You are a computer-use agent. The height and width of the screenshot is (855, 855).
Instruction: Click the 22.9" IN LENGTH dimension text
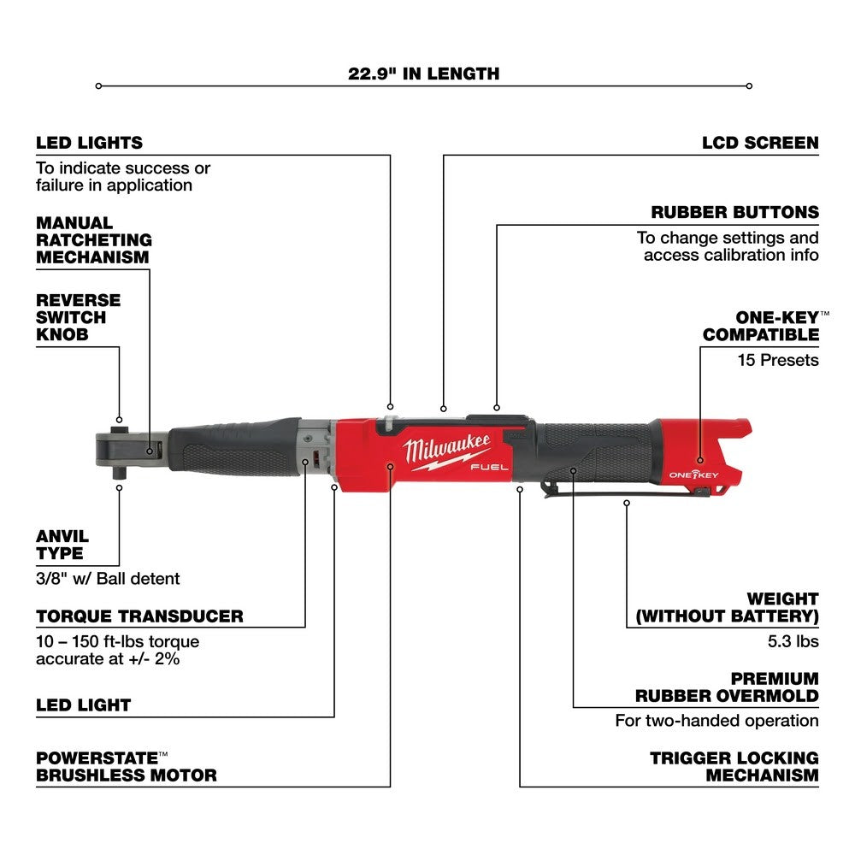pyautogui.click(x=423, y=74)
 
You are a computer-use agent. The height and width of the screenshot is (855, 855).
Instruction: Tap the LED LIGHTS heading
pyautogui.click(x=89, y=143)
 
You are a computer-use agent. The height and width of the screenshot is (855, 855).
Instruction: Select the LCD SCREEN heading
pyautogui.click(x=760, y=143)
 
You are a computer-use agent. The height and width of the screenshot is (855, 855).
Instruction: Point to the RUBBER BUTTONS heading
pyautogui.click(x=746, y=212)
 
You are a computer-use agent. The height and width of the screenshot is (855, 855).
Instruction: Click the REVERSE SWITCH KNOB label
pyautogui.click(x=78, y=317)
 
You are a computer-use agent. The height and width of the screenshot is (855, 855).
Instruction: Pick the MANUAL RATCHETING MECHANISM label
pyautogui.click(x=93, y=239)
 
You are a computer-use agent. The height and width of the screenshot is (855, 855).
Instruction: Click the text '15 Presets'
pyautogui.click(x=778, y=360)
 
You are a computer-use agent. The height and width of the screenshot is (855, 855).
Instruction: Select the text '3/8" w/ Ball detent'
pyautogui.click(x=108, y=579)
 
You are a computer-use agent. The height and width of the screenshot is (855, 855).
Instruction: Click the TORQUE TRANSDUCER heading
pyautogui.click(x=139, y=616)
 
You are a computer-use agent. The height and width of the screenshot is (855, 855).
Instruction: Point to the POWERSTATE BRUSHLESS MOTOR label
pyautogui.click(x=126, y=766)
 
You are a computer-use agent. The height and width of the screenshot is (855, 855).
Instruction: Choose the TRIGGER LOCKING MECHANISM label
pyautogui.click(x=734, y=766)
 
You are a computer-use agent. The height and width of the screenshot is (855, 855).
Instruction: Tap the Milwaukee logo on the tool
pyautogui.click(x=437, y=450)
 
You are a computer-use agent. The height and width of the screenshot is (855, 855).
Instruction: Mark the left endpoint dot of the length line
pyautogui.click(x=98, y=85)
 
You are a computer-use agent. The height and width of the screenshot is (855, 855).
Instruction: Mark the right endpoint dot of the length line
pyautogui.click(x=749, y=85)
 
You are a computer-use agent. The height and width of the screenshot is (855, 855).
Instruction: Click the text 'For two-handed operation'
pyautogui.click(x=716, y=721)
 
